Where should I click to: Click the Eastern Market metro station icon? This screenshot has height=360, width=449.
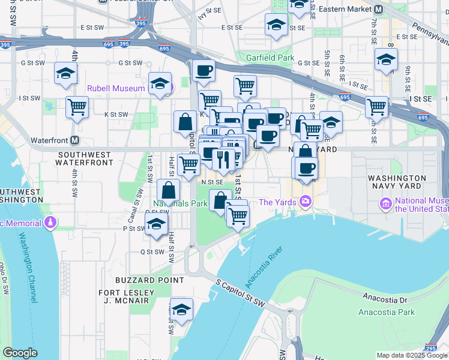point(378,10)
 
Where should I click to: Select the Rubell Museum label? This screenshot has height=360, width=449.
point(116,88)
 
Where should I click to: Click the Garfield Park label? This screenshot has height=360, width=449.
point(270,58)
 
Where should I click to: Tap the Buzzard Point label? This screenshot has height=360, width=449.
point(149,280)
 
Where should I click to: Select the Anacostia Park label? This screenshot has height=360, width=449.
point(387,312)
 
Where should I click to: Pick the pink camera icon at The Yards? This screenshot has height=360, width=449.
point(306,202)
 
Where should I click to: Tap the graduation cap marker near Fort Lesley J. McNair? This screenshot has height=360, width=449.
point(181,310)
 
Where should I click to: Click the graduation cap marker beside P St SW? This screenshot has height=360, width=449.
point(156,225)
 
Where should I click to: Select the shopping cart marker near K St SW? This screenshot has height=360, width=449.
point(77,107)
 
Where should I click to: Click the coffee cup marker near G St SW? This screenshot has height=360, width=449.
point(203,70)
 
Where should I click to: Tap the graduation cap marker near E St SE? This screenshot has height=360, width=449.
point(276,25)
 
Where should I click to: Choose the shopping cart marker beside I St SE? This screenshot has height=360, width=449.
point(377,107)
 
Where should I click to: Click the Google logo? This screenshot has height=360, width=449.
point(20,353)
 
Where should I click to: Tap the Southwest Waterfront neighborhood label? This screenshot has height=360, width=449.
point(85,158)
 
